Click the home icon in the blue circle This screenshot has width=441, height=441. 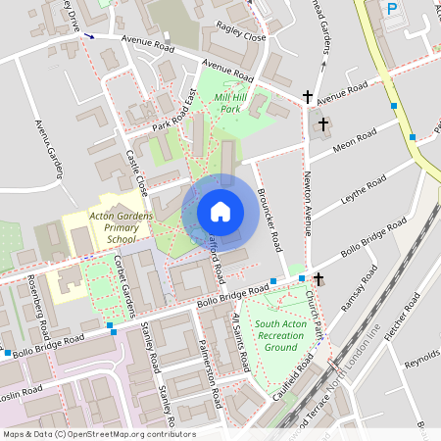pyautogui.click(x=220, y=211)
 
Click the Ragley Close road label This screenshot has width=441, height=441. pyautogui.click(x=241, y=36)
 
